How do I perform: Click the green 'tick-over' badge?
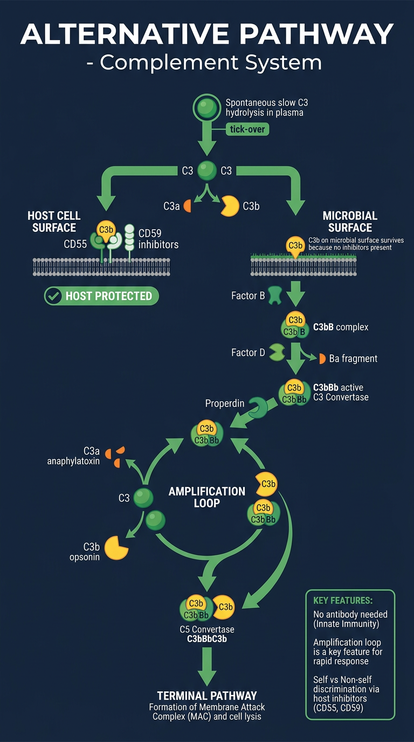click(247, 129)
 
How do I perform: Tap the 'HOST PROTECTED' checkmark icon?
click(53, 296)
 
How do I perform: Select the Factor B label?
click(248, 296)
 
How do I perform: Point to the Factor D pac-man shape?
click(277, 352)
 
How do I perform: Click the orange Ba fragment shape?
click(322, 359)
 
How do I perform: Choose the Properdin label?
click(225, 403)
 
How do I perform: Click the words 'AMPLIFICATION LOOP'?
click(206, 497)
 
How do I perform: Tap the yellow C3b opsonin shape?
click(116, 547)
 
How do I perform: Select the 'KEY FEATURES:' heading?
click(343, 601)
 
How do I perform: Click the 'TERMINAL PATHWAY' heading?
click(207, 695)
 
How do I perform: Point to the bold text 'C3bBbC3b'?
click(207, 638)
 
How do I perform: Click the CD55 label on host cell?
click(75, 244)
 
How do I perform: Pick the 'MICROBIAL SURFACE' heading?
click(350, 222)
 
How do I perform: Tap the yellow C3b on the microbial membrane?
click(295, 246)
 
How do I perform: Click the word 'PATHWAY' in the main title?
click(318, 34)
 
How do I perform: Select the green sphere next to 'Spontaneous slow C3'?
click(206, 107)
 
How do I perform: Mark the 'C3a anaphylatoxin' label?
click(73, 456)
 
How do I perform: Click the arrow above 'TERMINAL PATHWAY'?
click(207, 666)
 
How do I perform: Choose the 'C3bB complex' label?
click(341, 327)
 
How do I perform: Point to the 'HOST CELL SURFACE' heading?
click(54, 222)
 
